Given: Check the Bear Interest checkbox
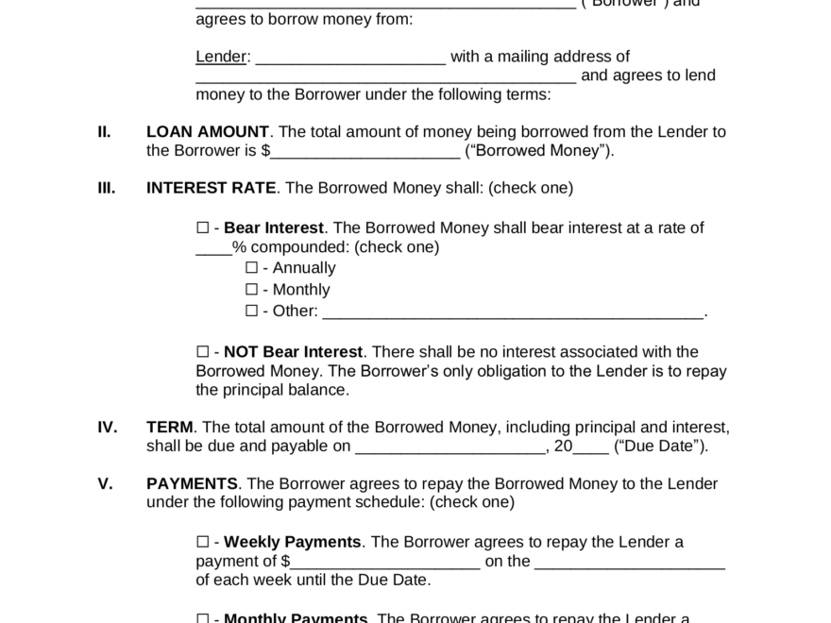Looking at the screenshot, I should coord(202,227).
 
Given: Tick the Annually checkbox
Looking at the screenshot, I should coord(251,267).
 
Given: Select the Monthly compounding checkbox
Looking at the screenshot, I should coord(251,289).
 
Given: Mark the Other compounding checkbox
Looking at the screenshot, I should coord(251,311).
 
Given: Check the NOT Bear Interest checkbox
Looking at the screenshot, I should coord(202,352).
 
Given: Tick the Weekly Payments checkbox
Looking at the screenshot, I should coord(202,542).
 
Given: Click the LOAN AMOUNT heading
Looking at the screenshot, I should coord(208,132).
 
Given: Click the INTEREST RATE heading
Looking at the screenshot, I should coord(211,188).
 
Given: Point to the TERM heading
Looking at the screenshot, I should coord(170,428).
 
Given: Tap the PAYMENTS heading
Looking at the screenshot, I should coord(192,483).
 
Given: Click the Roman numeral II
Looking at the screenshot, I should coord(104,132).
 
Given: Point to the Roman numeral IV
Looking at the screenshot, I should coord(107,428).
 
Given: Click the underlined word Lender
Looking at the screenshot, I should coord(220,57).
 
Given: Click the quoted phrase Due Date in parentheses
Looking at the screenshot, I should coord(660,446).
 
